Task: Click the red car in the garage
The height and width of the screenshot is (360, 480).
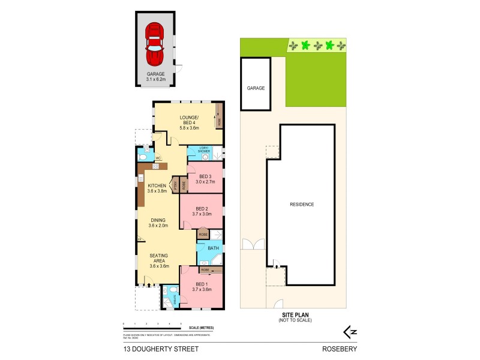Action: pyautogui.click(x=154, y=44)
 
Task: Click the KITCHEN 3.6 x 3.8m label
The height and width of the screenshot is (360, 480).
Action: pyautogui.click(x=158, y=188)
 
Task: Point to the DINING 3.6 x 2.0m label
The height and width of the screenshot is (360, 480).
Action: pyautogui.click(x=159, y=223)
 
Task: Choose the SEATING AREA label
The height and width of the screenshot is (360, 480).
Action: pyautogui.click(x=159, y=262)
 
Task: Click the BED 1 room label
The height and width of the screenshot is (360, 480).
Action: pyautogui.click(x=201, y=287)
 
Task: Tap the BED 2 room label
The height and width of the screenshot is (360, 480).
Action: pyautogui.click(x=202, y=211)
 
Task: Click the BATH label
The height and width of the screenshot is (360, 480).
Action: pyautogui.click(x=213, y=248)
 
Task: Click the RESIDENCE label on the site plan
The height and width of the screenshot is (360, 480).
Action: pyautogui.click(x=302, y=205)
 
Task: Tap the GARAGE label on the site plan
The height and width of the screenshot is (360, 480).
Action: pyautogui.click(x=256, y=88)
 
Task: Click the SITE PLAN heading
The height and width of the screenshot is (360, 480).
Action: pyautogui.click(x=294, y=314)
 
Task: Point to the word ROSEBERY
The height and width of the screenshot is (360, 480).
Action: pyautogui.click(x=335, y=348)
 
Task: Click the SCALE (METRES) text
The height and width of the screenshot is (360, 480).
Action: pyautogui.click(x=200, y=327)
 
